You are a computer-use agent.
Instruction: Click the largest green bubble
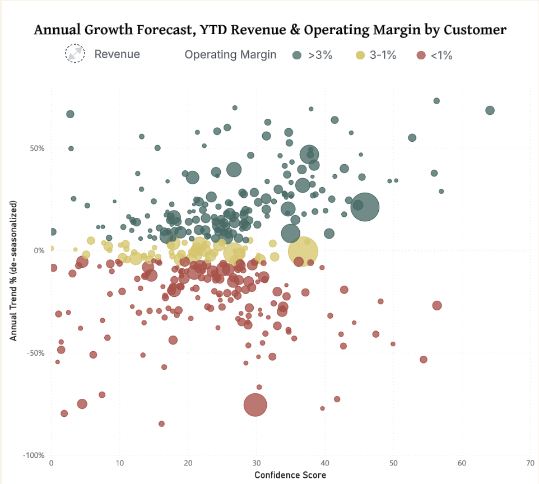(365, 207)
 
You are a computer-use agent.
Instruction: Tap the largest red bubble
(255, 404)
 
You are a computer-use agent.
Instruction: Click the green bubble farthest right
(490, 110)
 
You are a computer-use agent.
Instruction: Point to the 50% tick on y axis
(38, 148)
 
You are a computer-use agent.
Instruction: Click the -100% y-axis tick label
(34, 455)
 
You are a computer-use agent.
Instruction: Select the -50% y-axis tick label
(36, 353)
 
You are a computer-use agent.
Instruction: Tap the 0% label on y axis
(40, 250)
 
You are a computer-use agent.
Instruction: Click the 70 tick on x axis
(529, 464)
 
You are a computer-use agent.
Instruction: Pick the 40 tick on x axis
(324, 464)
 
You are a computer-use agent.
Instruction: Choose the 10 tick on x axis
(119, 464)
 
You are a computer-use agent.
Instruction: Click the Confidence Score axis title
(290, 475)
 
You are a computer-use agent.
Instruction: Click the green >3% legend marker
(298, 55)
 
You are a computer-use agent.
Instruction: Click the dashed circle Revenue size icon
(75, 54)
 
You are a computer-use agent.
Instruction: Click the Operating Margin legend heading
(230, 54)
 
